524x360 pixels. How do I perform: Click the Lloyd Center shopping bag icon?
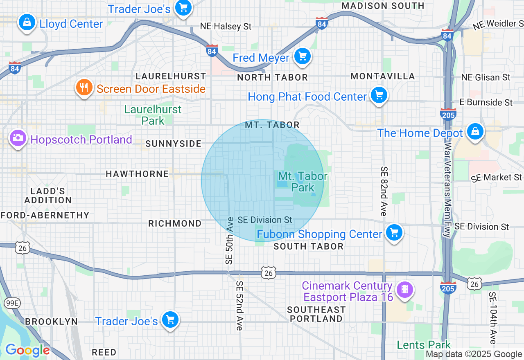pyautogui.click(x=27, y=22)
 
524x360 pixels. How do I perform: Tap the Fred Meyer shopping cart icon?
pyautogui.click(x=303, y=56)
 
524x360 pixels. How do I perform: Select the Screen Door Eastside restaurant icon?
pyautogui.click(x=84, y=88)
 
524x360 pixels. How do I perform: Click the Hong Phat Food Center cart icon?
pyautogui.click(x=379, y=95)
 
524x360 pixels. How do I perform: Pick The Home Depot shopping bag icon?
pyautogui.click(x=474, y=132)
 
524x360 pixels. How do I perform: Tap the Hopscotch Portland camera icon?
pyautogui.click(x=18, y=138)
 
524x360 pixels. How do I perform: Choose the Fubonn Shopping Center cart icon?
pyautogui.click(x=394, y=233)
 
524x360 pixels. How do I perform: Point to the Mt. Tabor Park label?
pyautogui.click(x=303, y=182)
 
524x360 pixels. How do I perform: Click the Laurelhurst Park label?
pyautogui.click(x=153, y=115)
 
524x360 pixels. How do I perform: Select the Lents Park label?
pyautogui.click(x=424, y=345)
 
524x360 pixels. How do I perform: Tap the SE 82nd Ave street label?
pyautogui.click(x=384, y=191)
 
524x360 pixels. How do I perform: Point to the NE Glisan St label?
pyautogui.click(x=486, y=77)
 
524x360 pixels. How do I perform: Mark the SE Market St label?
pyautogui.click(x=496, y=178)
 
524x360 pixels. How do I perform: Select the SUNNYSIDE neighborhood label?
pyautogui.click(x=174, y=144)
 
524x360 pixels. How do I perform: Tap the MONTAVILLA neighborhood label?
pyautogui.click(x=383, y=76)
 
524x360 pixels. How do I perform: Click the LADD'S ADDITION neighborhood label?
pyautogui.click(x=48, y=196)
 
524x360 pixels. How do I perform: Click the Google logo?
pyautogui.click(x=27, y=350)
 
